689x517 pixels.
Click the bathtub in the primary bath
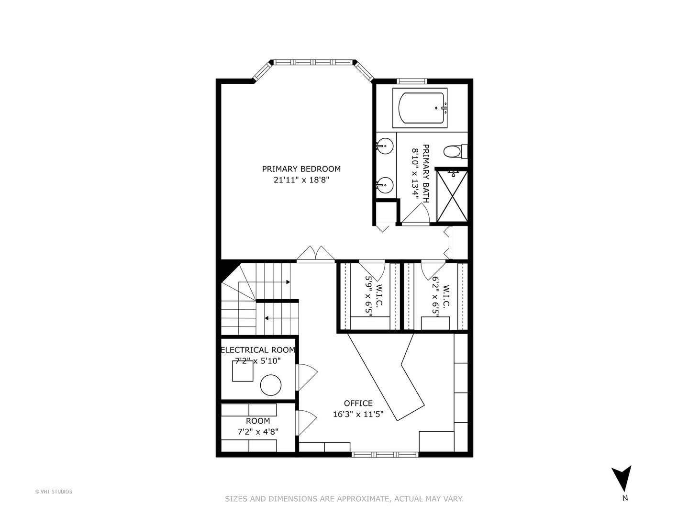pos(420,108)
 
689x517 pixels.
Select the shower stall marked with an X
pos(452,196)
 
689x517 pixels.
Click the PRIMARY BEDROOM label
pos(301,169)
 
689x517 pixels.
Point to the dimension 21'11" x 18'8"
pos(301,180)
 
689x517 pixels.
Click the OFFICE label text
pos(358,404)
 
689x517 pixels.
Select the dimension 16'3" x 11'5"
pos(358,415)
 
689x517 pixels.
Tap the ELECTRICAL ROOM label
pos(258,350)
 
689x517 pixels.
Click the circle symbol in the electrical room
pos(271,385)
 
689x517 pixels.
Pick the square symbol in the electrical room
pos(243,371)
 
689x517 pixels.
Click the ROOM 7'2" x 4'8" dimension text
pos(258,432)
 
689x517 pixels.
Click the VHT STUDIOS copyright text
pos(54,492)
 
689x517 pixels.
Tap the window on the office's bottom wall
pos(385,454)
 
